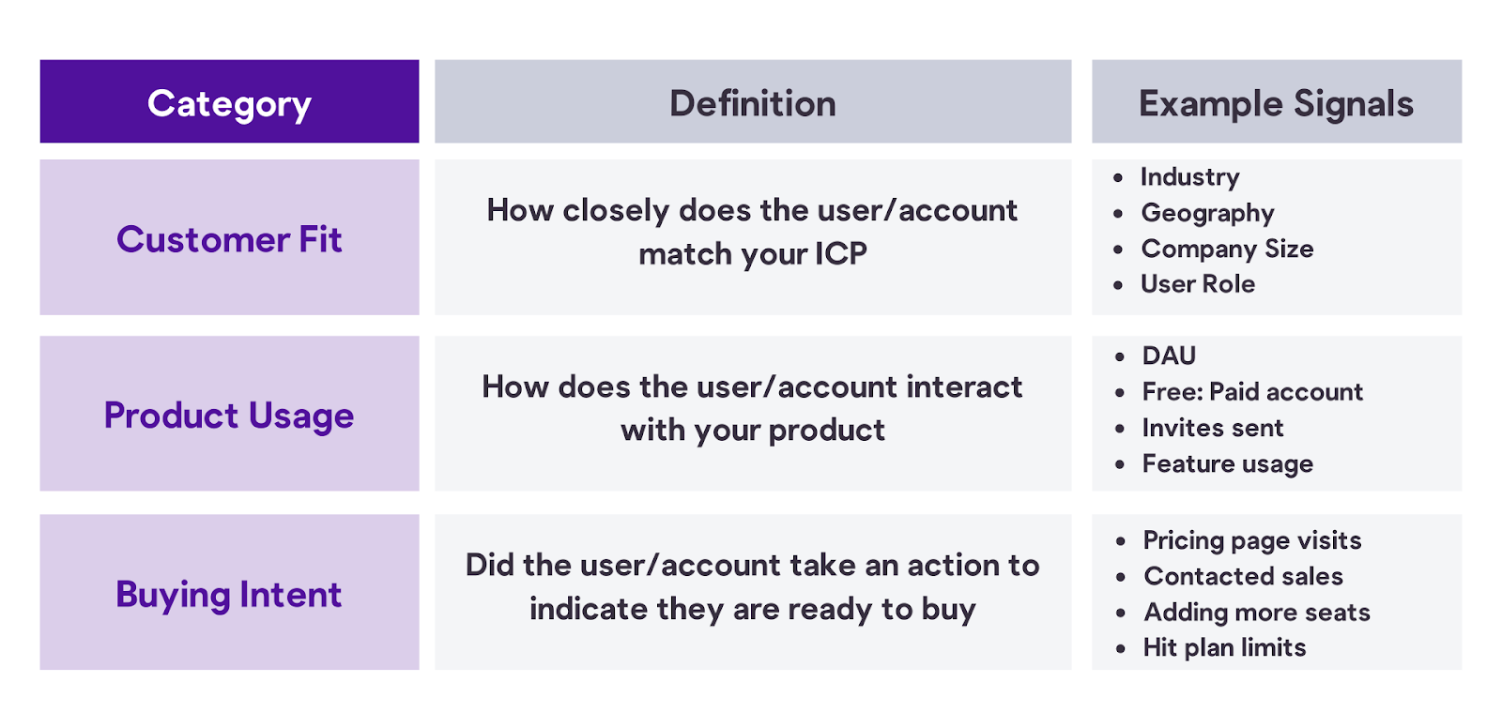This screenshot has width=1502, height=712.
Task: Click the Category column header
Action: pyautogui.click(x=229, y=104)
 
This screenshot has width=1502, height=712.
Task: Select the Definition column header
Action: pyautogui.click(x=752, y=104)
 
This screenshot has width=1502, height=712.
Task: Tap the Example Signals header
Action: pyautogui.click(x=1276, y=104)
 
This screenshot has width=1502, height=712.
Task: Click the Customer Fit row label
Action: pyautogui.click(x=229, y=239)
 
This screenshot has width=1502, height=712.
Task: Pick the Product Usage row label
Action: pyautogui.click(x=229, y=416)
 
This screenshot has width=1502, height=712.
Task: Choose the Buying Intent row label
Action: pyautogui.click(x=229, y=595)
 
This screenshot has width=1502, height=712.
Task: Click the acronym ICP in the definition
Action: pyautogui.click(x=841, y=254)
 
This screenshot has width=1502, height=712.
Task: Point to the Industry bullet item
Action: pyautogui.click(x=1190, y=177)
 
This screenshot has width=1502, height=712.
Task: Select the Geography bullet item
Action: pyautogui.click(x=1207, y=214)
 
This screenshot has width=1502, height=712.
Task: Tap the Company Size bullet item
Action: pyautogui.click(x=1227, y=250)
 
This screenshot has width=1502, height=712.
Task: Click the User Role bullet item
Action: pyautogui.click(x=1198, y=284)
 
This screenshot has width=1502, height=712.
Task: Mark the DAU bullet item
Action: pyautogui.click(x=1169, y=356)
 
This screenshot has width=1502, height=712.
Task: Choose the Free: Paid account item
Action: pyautogui.click(x=1252, y=392)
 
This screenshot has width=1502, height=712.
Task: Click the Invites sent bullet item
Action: pyautogui.click(x=1213, y=428)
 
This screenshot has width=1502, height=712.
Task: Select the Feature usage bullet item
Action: pyautogui.click(x=1228, y=464)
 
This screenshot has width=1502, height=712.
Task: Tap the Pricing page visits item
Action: pyautogui.click(x=1252, y=540)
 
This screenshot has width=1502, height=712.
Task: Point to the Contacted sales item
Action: pyautogui.click(x=1243, y=577)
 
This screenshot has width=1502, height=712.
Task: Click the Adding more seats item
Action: pyautogui.click(x=1257, y=613)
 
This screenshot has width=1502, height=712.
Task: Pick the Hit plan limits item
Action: pyautogui.click(x=1224, y=648)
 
